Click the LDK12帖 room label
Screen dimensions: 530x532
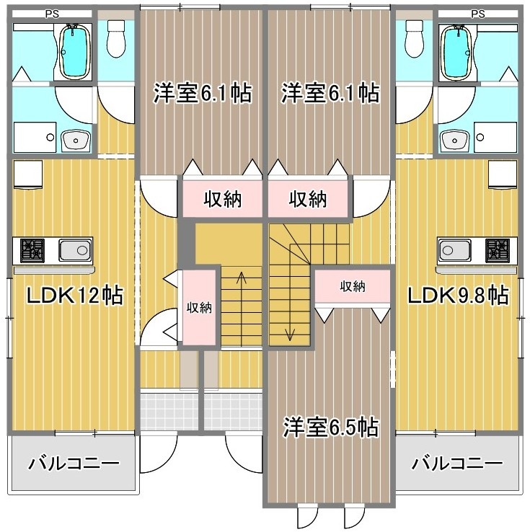75,295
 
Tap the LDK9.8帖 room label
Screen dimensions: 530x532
458,295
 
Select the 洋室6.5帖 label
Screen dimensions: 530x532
331,427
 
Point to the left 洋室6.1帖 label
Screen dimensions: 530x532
203,92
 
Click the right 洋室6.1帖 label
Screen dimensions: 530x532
330,92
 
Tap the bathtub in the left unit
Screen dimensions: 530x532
75,52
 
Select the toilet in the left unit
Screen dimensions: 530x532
116,39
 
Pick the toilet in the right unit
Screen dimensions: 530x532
415,39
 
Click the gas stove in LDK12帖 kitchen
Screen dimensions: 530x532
32,251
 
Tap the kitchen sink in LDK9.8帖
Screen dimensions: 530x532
454,251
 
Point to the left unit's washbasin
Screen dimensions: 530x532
76,140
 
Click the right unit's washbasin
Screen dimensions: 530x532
455,140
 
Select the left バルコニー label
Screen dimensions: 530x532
74,464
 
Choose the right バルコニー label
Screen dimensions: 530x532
457,464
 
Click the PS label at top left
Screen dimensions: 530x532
52,14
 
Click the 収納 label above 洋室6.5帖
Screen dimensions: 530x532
353,287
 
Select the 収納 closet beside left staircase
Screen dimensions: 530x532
200,307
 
